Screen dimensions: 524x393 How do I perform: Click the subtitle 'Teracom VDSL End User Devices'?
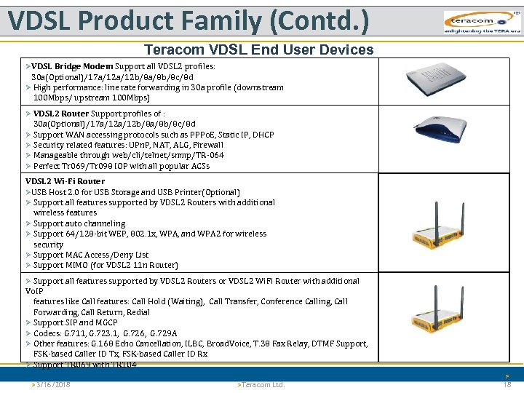pyautogui.click(x=258, y=49)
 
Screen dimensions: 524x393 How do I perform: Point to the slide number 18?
pyautogui.click(x=507, y=384)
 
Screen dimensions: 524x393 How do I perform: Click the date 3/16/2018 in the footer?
pyautogui.click(x=51, y=384)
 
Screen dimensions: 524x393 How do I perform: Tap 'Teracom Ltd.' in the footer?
pyautogui.click(x=263, y=384)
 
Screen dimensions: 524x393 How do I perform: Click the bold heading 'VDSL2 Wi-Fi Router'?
pyautogui.click(x=65, y=181)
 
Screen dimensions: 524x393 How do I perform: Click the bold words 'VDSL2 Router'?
pyautogui.click(x=61, y=114)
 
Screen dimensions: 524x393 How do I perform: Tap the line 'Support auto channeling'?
pyautogui.click(x=79, y=223)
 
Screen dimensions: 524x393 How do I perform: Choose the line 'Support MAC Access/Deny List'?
pyautogui.click(x=91, y=255)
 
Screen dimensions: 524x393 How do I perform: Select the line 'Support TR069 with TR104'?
pyautogui.click(x=84, y=365)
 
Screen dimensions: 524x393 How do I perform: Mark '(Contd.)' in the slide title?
pyautogui.click(x=319, y=22)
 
